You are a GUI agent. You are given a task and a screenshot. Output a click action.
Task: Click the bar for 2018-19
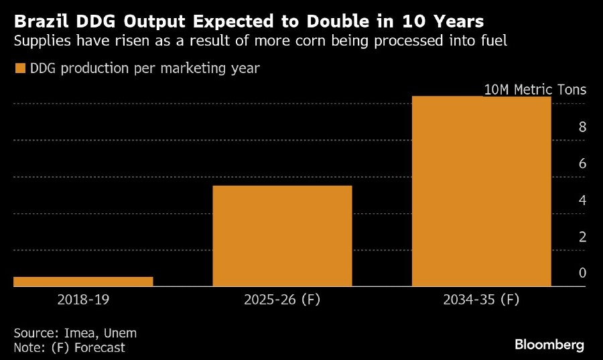coord(83,282)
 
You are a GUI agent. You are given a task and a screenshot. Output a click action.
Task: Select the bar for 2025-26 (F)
coord(282,236)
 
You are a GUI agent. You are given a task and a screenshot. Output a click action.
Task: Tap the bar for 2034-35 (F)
coord(481,191)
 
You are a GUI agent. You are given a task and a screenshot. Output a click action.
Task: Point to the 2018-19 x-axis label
coord(83,300)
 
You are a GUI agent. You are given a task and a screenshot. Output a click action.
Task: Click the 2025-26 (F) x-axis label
coord(282,300)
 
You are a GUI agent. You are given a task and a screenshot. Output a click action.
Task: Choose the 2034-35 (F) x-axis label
coord(481,300)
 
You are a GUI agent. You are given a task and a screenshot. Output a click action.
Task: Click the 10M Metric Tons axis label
coord(535,90)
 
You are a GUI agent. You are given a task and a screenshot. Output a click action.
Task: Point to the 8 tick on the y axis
coord(582,127)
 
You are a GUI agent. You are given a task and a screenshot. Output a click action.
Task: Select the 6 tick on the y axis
coord(582,164)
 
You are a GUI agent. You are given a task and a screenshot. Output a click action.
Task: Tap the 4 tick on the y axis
coord(582,200)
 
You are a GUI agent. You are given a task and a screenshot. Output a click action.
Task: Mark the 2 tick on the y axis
coord(582,237)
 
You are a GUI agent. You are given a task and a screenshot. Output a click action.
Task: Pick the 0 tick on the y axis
coord(582,273)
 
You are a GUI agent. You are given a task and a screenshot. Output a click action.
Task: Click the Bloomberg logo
coord(549,345)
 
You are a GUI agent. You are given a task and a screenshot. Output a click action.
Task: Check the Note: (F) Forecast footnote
coord(69,347)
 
